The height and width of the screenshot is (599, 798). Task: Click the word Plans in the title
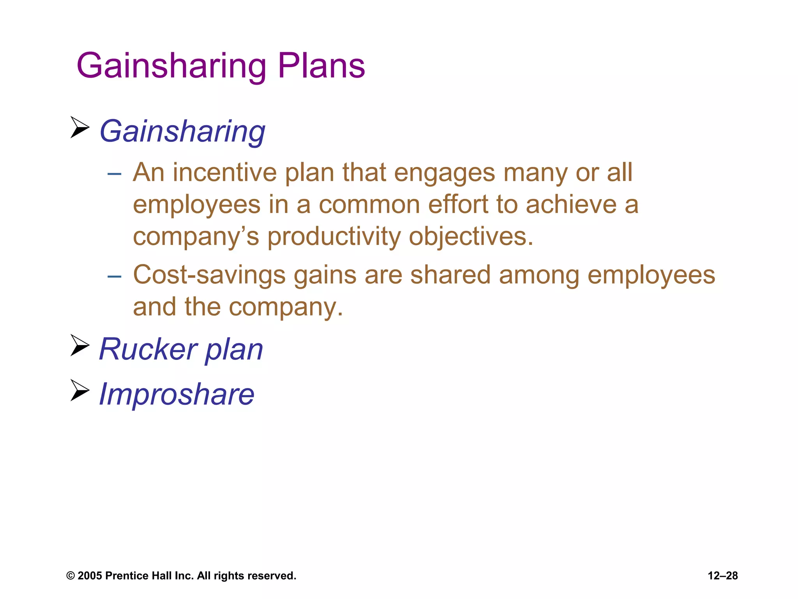(321, 66)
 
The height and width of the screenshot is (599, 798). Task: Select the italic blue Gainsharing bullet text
(182, 131)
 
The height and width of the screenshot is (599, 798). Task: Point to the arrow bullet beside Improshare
(80, 390)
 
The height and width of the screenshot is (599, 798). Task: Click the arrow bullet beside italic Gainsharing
(80, 127)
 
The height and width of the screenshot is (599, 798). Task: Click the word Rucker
(148, 349)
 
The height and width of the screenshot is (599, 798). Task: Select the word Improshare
(177, 394)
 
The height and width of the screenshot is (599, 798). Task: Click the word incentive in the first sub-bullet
(224, 172)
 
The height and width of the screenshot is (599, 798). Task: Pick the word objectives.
(471, 237)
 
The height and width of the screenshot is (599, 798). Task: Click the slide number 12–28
(722, 576)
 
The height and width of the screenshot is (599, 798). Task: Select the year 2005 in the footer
(90, 576)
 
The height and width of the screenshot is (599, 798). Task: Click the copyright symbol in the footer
(71, 576)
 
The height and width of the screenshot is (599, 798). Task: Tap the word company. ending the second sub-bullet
(286, 307)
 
